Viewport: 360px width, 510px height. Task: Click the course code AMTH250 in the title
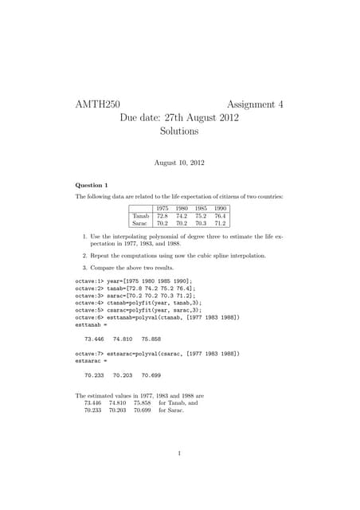97,104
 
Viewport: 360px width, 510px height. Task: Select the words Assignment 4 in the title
255,104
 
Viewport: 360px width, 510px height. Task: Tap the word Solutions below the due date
178,132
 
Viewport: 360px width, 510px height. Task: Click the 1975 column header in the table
162,208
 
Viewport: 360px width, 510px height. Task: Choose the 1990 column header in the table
220,208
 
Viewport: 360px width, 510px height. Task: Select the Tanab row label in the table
141,216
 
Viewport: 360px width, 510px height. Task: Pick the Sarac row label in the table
140,224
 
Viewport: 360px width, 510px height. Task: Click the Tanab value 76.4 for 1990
220,216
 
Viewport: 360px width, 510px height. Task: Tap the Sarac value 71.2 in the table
220,224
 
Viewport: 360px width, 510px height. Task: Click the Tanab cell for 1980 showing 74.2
181,216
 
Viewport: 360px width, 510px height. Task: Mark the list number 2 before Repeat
84,255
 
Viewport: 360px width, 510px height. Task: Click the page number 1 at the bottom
180,455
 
